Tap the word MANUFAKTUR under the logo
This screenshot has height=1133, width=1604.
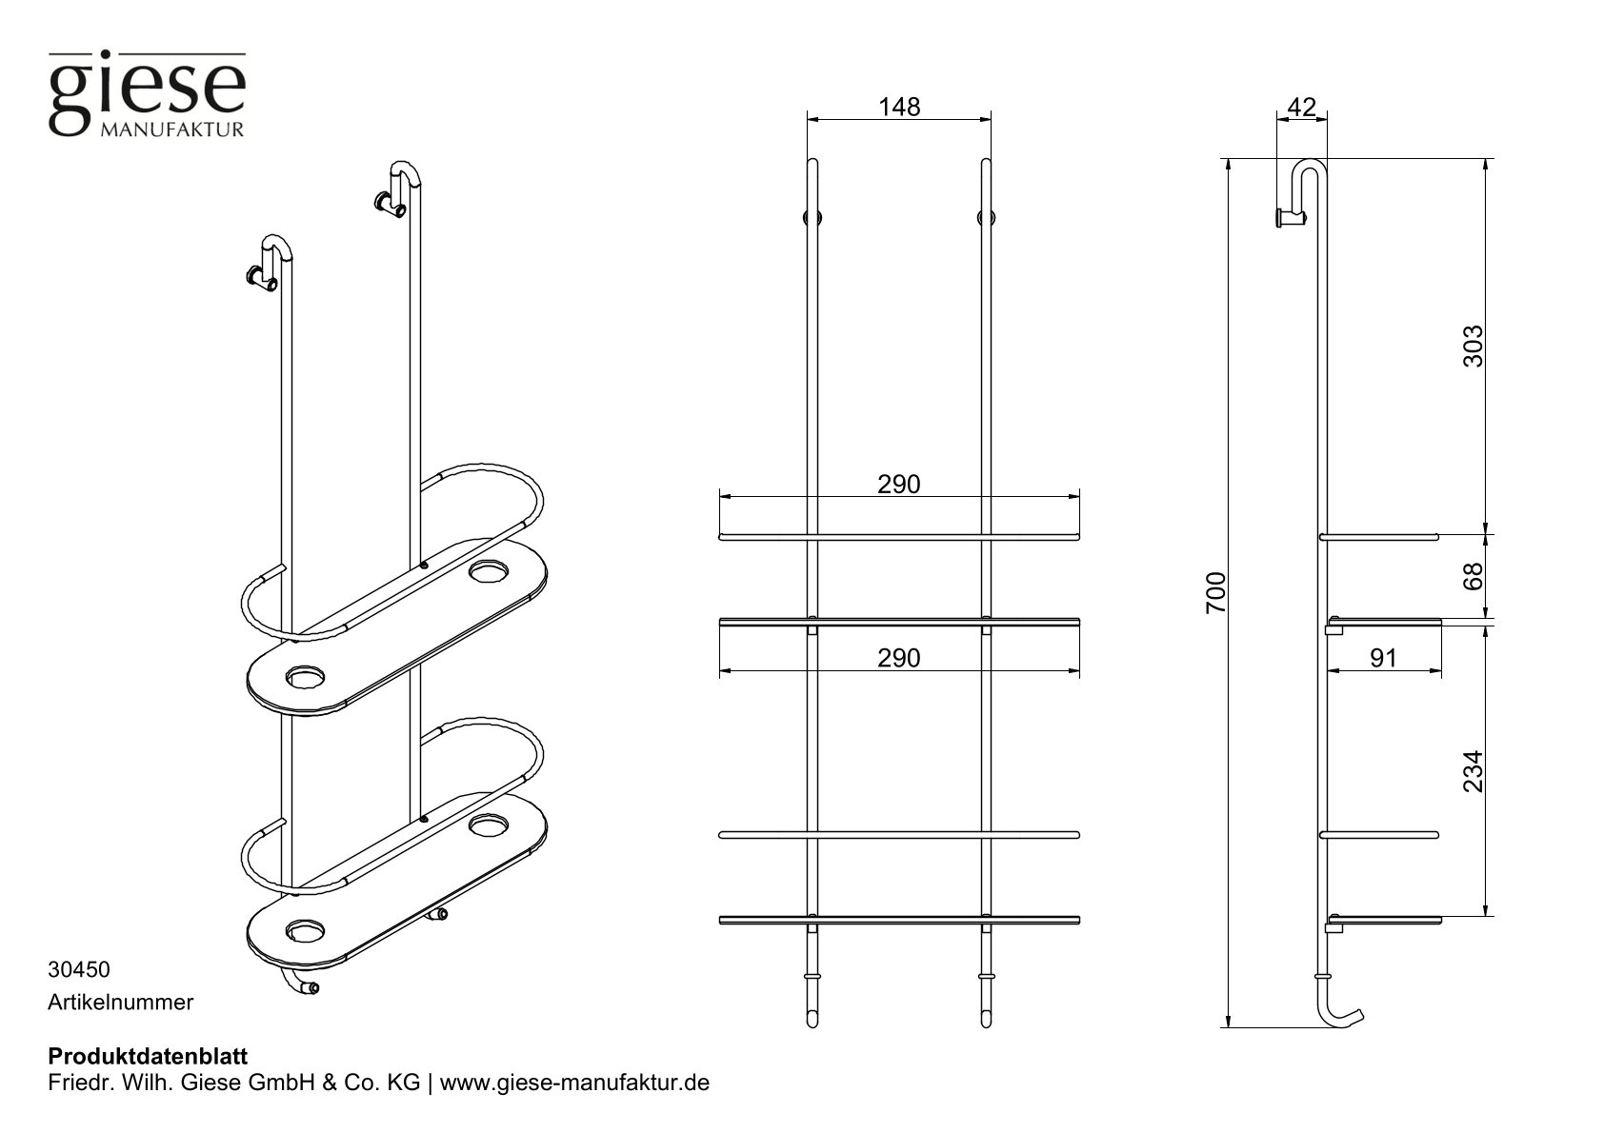click(x=172, y=129)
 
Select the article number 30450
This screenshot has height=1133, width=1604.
click(x=79, y=970)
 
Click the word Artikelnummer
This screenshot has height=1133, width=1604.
click(x=120, y=1002)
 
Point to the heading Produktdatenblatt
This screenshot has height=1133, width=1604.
click(x=148, y=1056)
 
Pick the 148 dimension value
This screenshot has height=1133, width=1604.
click(x=899, y=107)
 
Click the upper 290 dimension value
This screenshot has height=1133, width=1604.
click(x=898, y=485)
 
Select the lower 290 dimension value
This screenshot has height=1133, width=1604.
click(x=898, y=658)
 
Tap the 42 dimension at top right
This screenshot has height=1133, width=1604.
click(x=1301, y=107)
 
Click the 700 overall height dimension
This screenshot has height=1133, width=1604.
click(x=1216, y=592)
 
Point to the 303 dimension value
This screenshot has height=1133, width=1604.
click(x=1473, y=348)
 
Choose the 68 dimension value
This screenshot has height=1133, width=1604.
click(x=1473, y=577)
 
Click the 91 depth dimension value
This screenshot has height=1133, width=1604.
click(x=1383, y=658)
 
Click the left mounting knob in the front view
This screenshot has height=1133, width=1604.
click(x=812, y=218)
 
